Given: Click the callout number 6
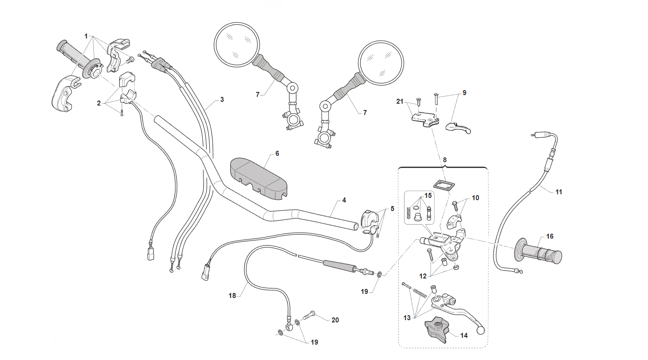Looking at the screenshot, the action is tap(277, 153).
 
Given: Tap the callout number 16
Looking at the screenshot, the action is tap(550, 236).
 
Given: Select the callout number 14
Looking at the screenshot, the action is tap(464, 336).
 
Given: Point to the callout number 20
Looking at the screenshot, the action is tap(335, 320).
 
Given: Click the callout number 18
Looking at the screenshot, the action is tap(232, 296).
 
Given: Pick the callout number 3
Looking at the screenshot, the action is tap(222, 100).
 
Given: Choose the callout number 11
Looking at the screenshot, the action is tap(559, 192).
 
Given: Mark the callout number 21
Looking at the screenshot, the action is tap(400, 101).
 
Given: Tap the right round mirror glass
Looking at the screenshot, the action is tap(381, 63).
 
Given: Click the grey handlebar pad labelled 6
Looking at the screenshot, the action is tap(258, 178).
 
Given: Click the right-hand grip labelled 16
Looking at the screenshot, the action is tap(538, 252).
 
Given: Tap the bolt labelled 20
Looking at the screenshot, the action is tap(309, 317).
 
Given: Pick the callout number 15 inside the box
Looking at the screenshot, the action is tap(428, 196).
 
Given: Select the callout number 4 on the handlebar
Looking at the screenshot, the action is tap(344, 200).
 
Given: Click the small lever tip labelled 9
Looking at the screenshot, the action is tap(458, 128).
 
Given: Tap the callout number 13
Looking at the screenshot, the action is tap(407, 318).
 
